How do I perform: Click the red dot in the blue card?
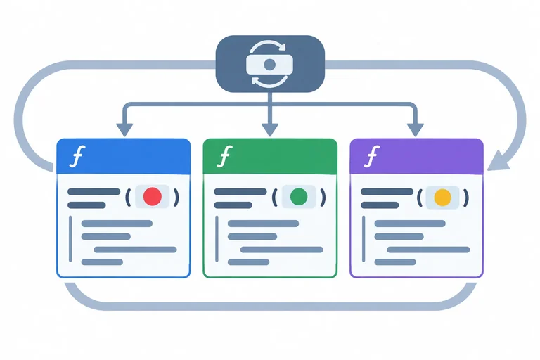[153, 196]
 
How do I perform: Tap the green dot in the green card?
[299, 197]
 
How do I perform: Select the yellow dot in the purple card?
[442, 198]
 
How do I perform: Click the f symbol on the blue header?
[77, 156]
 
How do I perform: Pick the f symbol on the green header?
[224, 156]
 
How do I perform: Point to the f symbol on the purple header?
[371, 156]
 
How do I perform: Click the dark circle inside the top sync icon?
[270, 65]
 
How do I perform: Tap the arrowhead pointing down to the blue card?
[124, 130]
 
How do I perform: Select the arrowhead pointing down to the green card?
[270, 130]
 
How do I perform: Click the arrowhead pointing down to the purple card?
[416, 130]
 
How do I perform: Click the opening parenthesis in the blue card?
[128, 198]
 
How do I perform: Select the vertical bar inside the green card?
[217, 239]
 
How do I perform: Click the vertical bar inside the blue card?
[70, 239]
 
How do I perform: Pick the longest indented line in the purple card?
[428, 250]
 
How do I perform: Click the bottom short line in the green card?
[249, 262]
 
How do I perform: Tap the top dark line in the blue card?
[94, 191]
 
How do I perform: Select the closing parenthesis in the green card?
[323, 198]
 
